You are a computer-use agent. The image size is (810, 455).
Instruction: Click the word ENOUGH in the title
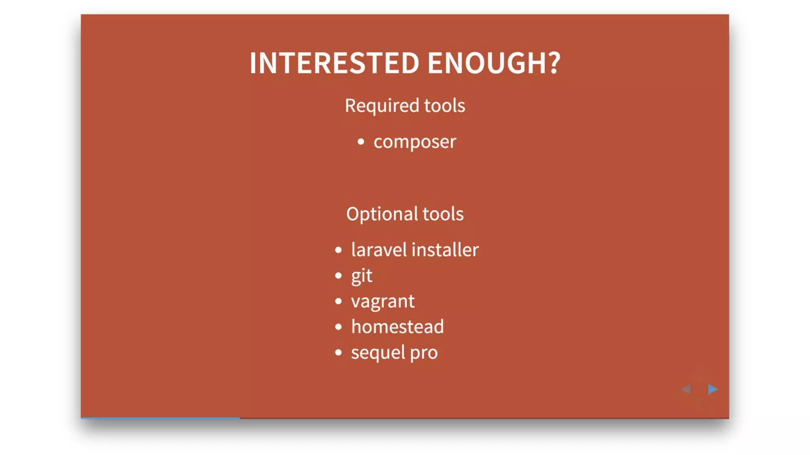click(486, 63)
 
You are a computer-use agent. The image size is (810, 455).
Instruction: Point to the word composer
click(414, 142)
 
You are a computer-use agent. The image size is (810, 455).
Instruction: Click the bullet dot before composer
click(361, 142)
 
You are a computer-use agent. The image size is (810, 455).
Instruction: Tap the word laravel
click(379, 250)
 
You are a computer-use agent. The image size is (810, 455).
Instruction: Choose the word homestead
click(397, 327)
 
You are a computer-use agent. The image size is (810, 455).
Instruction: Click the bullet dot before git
click(338, 276)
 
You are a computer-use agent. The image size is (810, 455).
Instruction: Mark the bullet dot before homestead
click(338, 327)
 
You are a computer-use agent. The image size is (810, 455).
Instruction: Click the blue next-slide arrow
click(713, 389)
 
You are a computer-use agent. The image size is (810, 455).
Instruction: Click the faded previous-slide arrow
click(686, 389)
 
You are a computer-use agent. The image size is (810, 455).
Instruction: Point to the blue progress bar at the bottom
click(160, 417)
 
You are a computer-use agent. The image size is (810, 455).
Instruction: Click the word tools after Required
click(445, 106)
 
